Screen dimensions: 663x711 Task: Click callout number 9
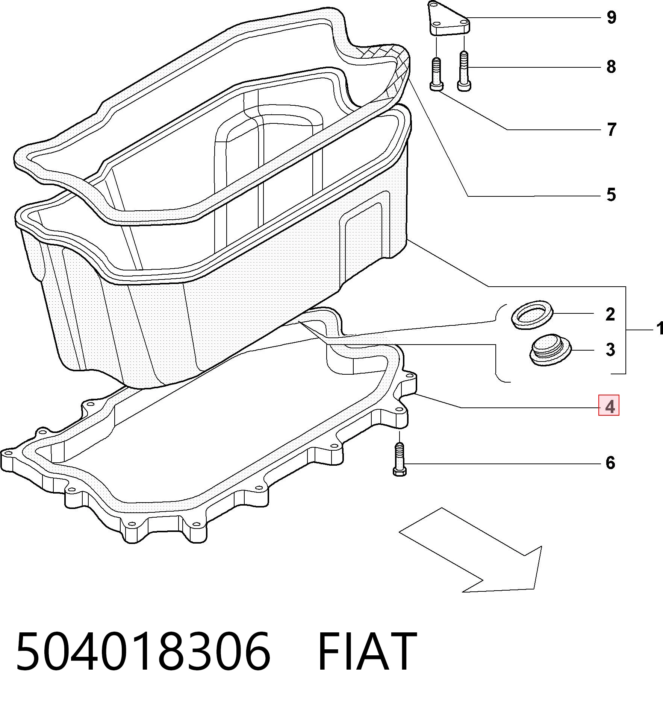[x=611, y=17]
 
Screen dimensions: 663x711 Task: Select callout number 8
[x=611, y=67]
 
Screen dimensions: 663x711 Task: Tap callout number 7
[x=612, y=129]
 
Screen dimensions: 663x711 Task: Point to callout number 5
[x=611, y=195]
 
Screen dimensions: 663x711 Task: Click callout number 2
[x=610, y=314]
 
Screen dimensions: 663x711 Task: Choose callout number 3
[x=610, y=349]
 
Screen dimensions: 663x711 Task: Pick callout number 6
[x=610, y=463]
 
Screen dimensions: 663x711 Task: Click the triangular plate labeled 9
[x=449, y=19]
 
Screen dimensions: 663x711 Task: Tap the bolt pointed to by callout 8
[x=463, y=71]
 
